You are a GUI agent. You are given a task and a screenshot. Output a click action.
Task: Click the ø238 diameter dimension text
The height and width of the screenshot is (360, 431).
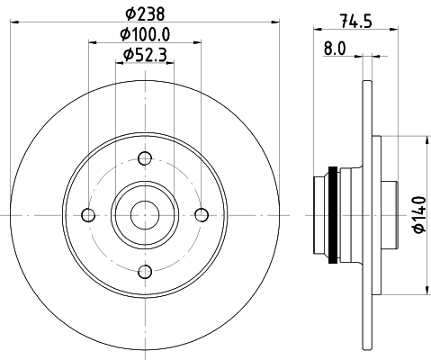(x=144, y=13)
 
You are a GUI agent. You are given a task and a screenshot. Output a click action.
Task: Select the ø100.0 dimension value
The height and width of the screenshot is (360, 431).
(x=145, y=34)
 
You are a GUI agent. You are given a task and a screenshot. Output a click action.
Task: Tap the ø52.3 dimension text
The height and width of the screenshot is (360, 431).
(x=145, y=56)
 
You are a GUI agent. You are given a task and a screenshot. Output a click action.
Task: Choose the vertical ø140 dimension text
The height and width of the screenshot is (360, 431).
(x=418, y=215)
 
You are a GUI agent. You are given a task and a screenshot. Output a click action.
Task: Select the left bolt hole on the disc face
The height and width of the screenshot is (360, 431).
(x=88, y=214)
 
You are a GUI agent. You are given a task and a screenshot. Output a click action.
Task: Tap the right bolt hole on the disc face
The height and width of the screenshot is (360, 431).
(x=201, y=214)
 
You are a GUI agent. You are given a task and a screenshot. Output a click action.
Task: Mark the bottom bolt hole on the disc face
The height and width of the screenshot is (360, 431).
(x=144, y=270)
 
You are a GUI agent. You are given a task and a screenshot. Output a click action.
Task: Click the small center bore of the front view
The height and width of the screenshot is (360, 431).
(x=144, y=214)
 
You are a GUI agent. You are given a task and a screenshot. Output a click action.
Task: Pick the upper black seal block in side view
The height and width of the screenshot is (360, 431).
(x=334, y=173)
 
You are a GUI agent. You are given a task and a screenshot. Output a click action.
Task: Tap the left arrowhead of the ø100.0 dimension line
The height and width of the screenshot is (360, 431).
(x=92, y=42)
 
